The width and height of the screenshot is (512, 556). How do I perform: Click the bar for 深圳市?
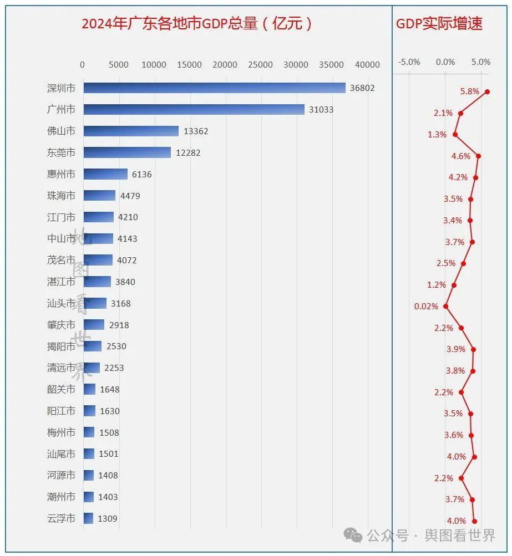[x=214, y=88]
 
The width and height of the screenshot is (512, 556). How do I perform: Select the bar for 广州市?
[x=194, y=110]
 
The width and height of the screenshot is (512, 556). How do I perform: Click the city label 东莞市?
[x=61, y=152]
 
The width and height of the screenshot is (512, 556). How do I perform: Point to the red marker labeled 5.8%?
[x=487, y=92]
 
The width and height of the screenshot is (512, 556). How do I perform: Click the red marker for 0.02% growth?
[x=445, y=306]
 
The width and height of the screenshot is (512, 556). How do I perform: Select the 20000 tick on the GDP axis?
[x=225, y=65]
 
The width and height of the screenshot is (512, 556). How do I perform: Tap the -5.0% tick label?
[x=409, y=62]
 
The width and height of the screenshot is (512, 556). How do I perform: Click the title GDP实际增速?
[x=439, y=23]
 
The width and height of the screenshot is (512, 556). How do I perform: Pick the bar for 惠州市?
[x=105, y=174]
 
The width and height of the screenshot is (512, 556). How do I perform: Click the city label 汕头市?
[x=61, y=303]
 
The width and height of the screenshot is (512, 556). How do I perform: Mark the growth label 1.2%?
[x=437, y=285]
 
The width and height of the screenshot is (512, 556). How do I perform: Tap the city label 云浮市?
[x=61, y=518]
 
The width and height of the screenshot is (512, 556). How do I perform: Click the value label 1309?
[x=108, y=519]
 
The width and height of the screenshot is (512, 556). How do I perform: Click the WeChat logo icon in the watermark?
[x=353, y=535]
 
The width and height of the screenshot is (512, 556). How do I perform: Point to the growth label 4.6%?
[x=461, y=156]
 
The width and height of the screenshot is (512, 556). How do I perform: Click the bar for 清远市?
[x=92, y=368]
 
